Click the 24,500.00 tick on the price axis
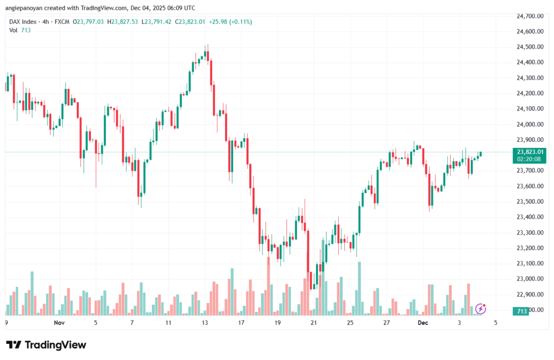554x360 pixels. click(x=530, y=47)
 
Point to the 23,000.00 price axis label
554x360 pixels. click(x=530, y=279)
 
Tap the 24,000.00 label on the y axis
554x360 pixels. click(x=530, y=125)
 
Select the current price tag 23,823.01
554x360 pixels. click(x=530, y=152)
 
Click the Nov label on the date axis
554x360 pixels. click(x=60, y=323)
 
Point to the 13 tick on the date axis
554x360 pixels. click(x=205, y=323)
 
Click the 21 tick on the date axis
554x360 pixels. click(x=314, y=323)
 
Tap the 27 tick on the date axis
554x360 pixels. click(x=386, y=323)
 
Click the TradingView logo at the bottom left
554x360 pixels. click(x=46, y=345)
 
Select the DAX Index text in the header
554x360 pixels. click(x=25, y=22)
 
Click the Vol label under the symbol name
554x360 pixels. click(x=13, y=30)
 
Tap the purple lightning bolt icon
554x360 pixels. click(x=480, y=309)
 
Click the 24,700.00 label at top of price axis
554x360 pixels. click(x=530, y=16)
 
